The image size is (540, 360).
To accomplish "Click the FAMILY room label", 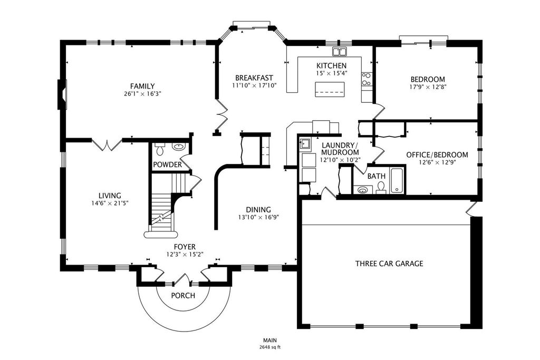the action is (142, 86).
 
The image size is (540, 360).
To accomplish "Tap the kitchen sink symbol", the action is (339, 52).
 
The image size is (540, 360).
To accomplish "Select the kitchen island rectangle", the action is (330, 90).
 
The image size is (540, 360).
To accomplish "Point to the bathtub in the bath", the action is (397, 180).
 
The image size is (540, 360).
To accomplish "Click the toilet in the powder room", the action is (159, 149).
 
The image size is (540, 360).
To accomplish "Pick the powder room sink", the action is (178, 147).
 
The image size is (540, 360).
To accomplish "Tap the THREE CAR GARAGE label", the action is (389, 264).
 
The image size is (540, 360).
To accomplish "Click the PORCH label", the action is (183, 295).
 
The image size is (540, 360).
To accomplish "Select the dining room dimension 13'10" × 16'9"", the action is (258, 217).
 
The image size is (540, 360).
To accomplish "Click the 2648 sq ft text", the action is (270, 347).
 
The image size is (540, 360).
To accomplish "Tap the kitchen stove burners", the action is (366, 79).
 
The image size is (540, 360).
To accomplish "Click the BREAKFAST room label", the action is (254, 78).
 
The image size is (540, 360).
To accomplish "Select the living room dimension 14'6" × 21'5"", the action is (110, 203).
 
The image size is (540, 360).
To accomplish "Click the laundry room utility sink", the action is (305, 143).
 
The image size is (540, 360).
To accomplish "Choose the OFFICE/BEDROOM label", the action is (437, 155).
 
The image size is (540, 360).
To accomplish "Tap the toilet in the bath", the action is (381, 188).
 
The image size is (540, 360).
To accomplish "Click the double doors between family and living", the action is (107, 144).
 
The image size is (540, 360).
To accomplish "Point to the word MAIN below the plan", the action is (270, 340).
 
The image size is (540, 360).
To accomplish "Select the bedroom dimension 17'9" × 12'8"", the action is (428, 87).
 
